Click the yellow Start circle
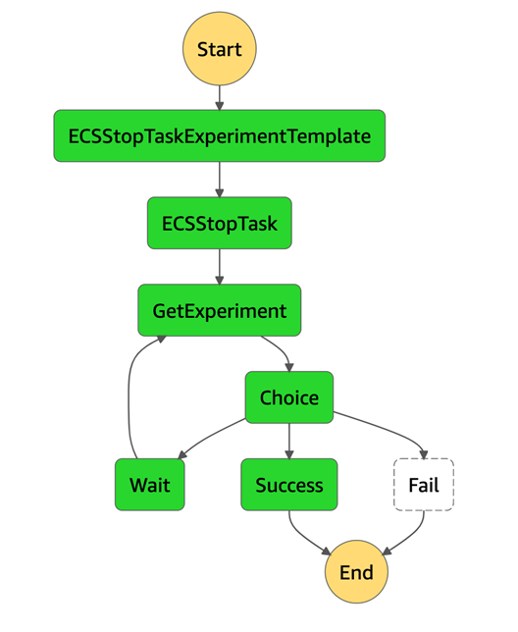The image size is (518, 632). pyautogui.click(x=220, y=49)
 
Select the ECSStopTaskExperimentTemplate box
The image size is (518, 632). pyautogui.click(x=220, y=135)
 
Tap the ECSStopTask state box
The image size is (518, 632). pyautogui.click(x=220, y=223)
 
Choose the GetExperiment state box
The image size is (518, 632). pyautogui.click(x=220, y=310)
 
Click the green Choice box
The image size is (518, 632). pyautogui.click(x=289, y=397)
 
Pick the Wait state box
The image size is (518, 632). pyautogui.click(x=150, y=485)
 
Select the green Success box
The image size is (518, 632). pyautogui.click(x=289, y=485)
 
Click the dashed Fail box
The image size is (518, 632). pyautogui.click(x=424, y=485)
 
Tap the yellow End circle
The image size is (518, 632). pyautogui.click(x=356, y=572)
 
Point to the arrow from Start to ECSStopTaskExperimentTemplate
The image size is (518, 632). pyautogui.click(x=220, y=97)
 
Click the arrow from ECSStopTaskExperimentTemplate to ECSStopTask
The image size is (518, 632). pyautogui.click(x=220, y=180)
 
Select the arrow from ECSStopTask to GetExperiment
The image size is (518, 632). pyautogui.click(x=220, y=267)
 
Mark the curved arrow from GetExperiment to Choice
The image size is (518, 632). pyautogui.click(x=282, y=347)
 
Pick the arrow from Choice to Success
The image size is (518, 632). pyautogui.click(x=289, y=441)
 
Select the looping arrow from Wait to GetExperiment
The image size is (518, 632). pyautogui.click(x=129, y=387)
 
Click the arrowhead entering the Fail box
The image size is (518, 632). pyautogui.click(x=424, y=454)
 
